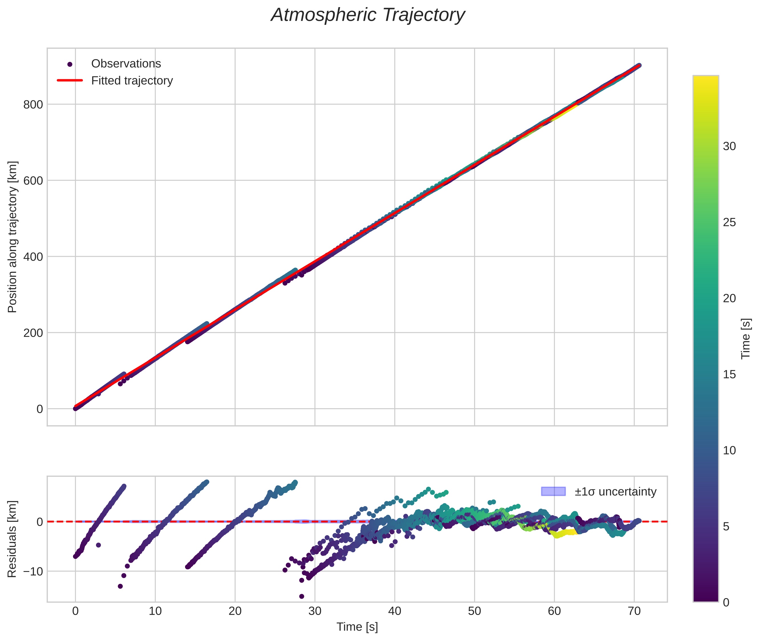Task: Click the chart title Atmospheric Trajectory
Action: pyautogui.click(x=368, y=15)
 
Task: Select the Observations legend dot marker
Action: pyautogui.click(x=70, y=64)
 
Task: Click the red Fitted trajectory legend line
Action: pyautogui.click(x=70, y=80)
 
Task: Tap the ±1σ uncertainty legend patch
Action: pyautogui.click(x=553, y=492)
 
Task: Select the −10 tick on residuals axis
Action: pyautogui.click(x=31, y=571)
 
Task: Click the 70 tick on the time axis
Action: pyautogui.click(x=634, y=611)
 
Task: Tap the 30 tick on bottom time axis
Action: pyautogui.click(x=315, y=611)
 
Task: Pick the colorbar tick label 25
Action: pyautogui.click(x=729, y=222)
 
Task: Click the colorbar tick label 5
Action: pyautogui.click(x=726, y=526)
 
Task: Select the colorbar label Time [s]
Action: pyautogui.click(x=745, y=339)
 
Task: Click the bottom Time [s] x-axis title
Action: pyautogui.click(x=357, y=627)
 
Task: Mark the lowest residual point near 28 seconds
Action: pyautogui.click(x=301, y=596)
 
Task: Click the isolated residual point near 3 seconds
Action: pyautogui.click(x=98, y=545)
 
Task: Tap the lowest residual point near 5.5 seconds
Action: pyautogui.click(x=120, y=586)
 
